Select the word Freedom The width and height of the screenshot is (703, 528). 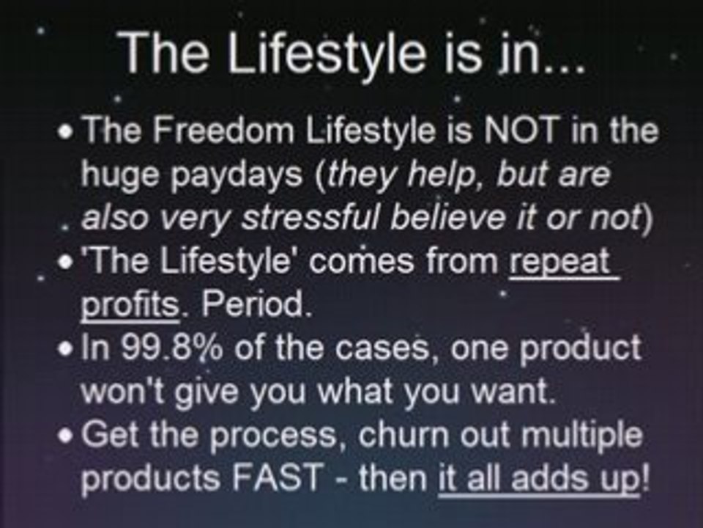223,130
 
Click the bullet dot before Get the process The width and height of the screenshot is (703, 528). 65,436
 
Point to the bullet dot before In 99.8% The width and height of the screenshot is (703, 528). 65,349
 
